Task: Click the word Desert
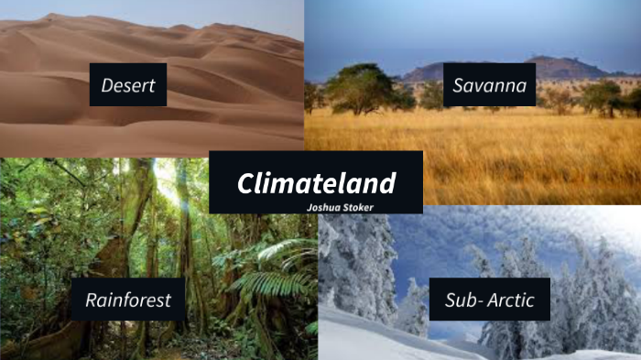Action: click(128, 87)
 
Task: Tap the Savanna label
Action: click(489, 87)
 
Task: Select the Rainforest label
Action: click(127, 300)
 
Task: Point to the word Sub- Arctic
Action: click(489, 300)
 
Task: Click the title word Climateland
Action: click(316, 182)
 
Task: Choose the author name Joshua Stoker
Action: click(341, 207)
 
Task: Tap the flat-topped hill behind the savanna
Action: click(549, 67)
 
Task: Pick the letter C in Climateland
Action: click(245, 183)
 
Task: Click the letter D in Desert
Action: click(107, 87)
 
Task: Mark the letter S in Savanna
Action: click(458, 87)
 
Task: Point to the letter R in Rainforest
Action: click(92, 300)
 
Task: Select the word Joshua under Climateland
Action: click(324, 207)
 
